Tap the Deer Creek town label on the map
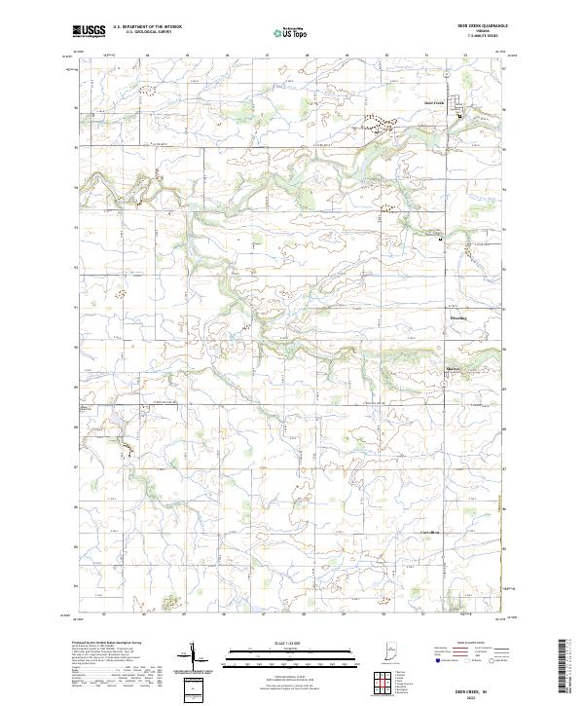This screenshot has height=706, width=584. click(x=434, y=101)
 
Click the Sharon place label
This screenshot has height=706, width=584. click(x=453, y=369)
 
